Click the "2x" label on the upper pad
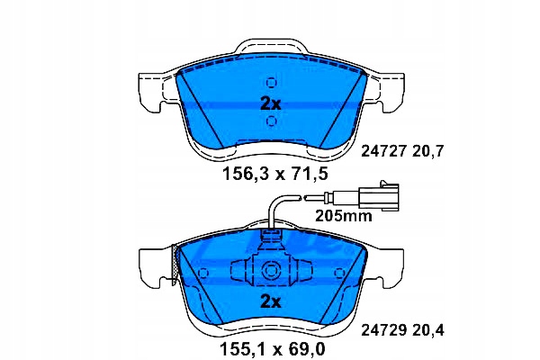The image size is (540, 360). [270, 103]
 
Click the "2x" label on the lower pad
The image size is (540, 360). [270, 301]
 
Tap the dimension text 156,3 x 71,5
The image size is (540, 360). [275, 174]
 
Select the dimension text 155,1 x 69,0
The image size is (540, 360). [273, 350]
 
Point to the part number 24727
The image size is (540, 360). [383, 151]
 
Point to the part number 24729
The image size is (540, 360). [383, 330]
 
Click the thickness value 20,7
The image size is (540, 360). [427, 151]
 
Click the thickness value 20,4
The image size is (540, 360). [428, 330]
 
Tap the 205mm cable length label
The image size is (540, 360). [344, 216]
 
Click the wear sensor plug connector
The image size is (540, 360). [379, 196]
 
